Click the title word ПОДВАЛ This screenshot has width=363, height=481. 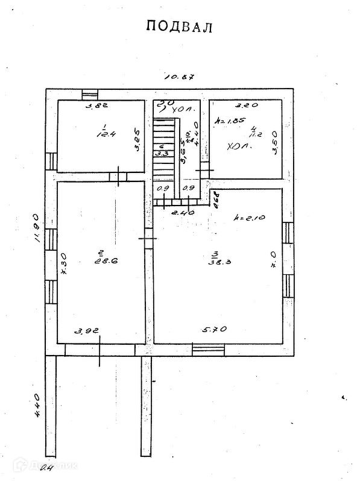[180, 27]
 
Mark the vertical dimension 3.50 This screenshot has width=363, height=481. [274, 143]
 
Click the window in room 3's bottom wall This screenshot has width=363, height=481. [208, 348]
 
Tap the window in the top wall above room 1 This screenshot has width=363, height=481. [90, 94]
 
